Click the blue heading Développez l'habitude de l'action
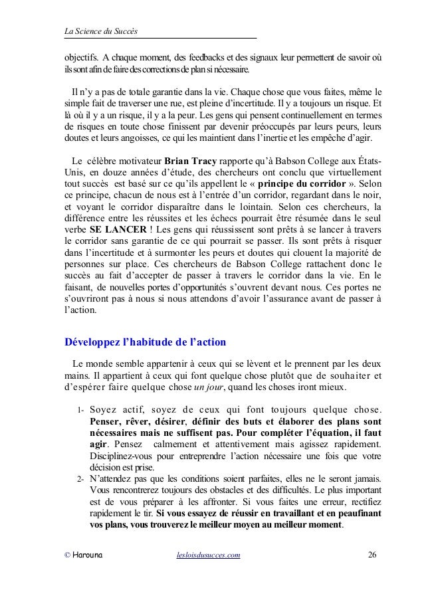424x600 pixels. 144,343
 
